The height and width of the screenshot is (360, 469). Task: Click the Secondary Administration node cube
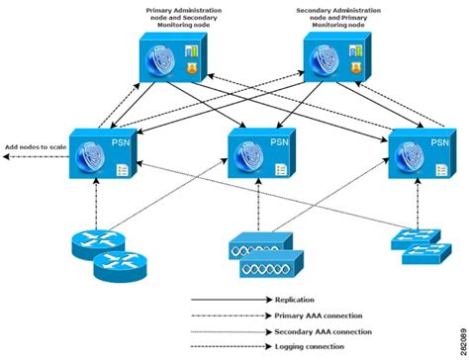333,62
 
